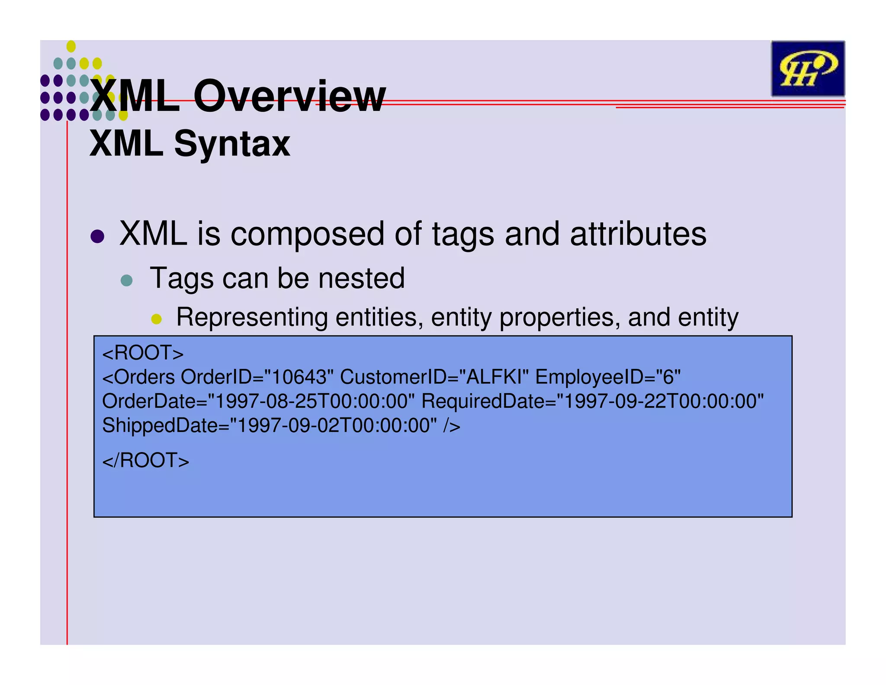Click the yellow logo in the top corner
click(x=807, y=68)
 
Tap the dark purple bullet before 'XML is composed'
click(x=98, y=236)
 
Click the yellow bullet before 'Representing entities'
click(x=156, y=320)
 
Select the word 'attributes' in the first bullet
click(x=638, y=234)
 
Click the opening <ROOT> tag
click(x=143, y=353)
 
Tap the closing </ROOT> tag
click(x=146, y=460)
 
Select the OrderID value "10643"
click(x=299, y=377)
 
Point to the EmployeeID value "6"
click(x=669, y=377)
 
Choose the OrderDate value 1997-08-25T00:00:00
click(x=311, y=401)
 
